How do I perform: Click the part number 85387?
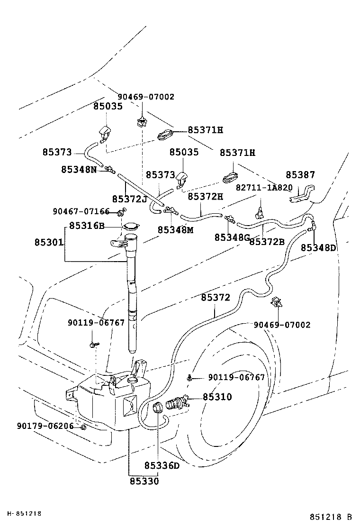tap(300, 175)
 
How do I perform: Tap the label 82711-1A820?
tap(264, 187)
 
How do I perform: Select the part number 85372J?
tap(129, 198)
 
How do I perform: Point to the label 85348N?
tap(79, 169)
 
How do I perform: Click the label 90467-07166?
tap(81, 211)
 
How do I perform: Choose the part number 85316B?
tap(87, 226)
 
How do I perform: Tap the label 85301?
tap(48, 242)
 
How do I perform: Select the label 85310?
tap(217, 397)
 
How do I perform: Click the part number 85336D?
tap(162, 465)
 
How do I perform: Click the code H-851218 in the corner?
tap(24, 513)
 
